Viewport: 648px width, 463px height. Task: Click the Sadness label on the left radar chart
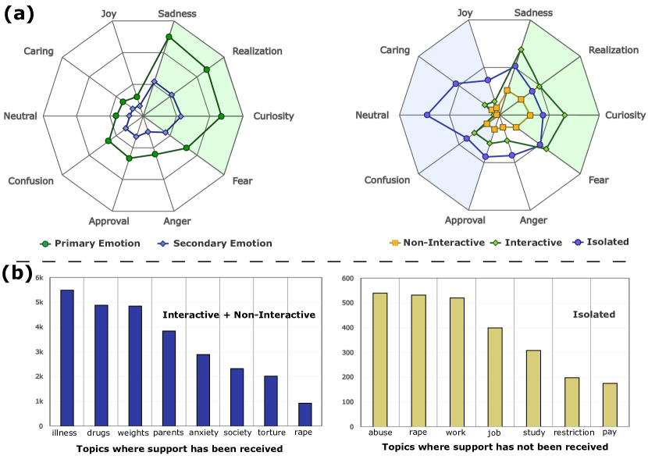point(176,14)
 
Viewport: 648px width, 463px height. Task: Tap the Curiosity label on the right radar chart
point(625,116)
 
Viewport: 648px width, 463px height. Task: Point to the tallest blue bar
point(67,358)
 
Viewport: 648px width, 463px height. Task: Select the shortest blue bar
point(305,415)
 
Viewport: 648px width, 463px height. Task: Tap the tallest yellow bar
point(380,360)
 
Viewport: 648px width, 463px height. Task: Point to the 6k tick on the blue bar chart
point(40,277)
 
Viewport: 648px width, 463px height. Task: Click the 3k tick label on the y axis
point(40,352)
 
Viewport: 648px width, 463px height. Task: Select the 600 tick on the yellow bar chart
point(347,278)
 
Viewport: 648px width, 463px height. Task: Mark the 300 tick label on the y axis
point(347,353)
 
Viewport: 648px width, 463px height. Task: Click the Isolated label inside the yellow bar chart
point(593,315)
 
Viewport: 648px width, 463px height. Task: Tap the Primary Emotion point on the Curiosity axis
point(221,116)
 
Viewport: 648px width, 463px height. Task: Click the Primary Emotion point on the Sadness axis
point(169,37)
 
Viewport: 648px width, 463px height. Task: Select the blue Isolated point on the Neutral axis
point(427,116)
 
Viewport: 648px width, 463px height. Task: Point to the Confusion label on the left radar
point(31,181)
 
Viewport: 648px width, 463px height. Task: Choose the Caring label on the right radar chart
point(394,50)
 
